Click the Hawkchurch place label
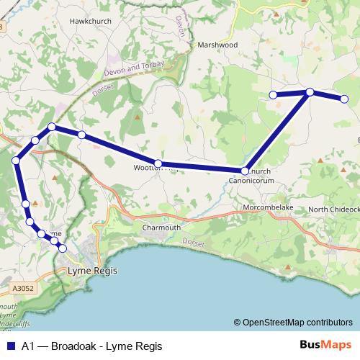[x=88, y=22]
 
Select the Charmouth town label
[x=161, y=228]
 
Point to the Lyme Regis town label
[x=91, y=271]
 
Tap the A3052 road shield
[x=23, y=289]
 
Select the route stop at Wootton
[x=158, y=163]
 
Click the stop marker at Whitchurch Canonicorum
[x=245, y=171]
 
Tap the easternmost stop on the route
[x=344, y=99]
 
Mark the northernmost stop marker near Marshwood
[x=310, y=91]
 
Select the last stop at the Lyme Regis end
[x=63, y=248]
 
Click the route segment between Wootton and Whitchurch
[x=202, y=167]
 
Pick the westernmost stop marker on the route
[x=16, y=160]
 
